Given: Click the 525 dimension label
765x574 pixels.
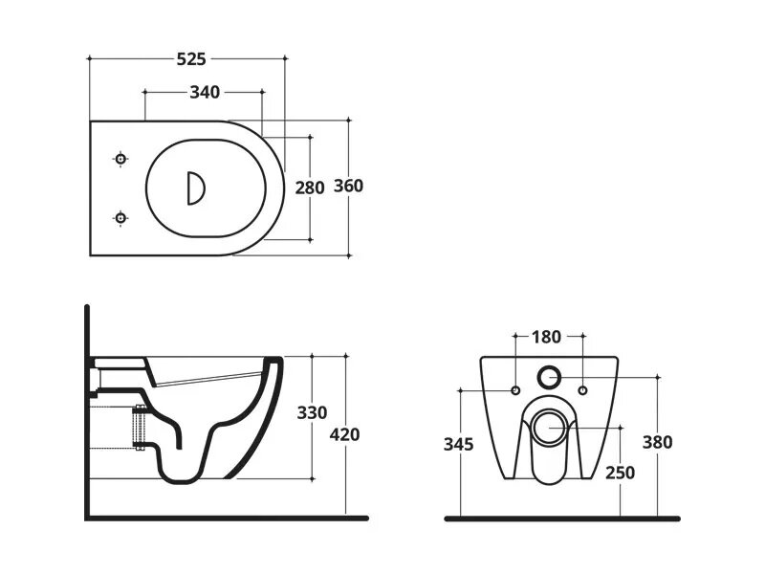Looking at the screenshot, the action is (191, 59).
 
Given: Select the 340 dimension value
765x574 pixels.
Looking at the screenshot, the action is (205, 92).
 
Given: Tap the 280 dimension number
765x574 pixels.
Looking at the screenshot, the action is (309, 188).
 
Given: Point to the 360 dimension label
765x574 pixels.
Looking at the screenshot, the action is (348, 186).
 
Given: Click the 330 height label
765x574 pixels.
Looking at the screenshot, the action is (312, 413).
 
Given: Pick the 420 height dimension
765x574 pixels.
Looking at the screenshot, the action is (344, 434).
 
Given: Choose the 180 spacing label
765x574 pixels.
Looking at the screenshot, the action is (546, 337).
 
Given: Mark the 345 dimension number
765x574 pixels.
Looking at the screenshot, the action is (458, 444).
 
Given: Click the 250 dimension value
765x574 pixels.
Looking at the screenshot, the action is (620, 473).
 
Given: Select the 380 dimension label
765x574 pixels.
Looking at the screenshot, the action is (657, 442).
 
